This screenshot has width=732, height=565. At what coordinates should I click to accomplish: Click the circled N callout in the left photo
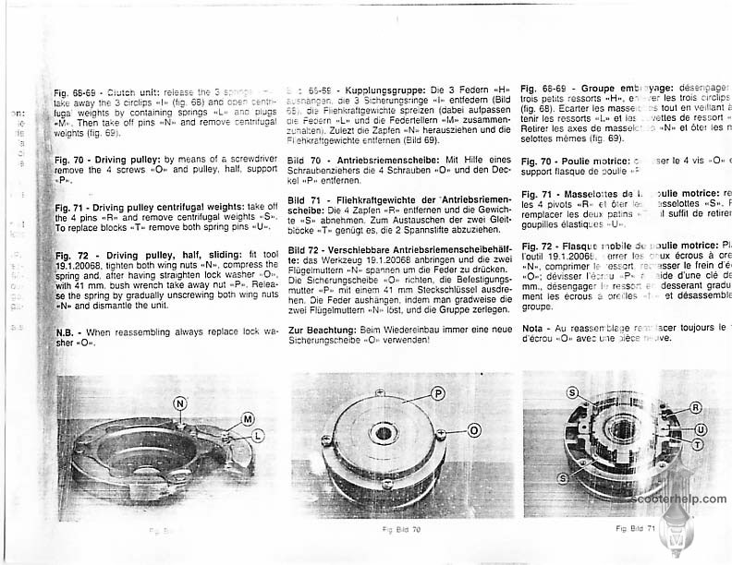tap(179, 403)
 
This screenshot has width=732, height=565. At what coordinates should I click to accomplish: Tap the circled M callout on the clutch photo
tap(248, 419)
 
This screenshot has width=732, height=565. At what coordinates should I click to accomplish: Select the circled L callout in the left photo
tap(258, 435)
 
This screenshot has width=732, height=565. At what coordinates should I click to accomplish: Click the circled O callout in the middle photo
tap(473, 430)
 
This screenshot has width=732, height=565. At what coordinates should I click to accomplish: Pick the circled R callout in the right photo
tap(695, 406)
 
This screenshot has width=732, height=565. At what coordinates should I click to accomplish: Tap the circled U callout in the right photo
tap(701, 429)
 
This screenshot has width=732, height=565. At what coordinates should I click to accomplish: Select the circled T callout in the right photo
tap(698, 444)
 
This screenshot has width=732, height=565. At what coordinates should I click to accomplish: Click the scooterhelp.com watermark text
tap(680, 499)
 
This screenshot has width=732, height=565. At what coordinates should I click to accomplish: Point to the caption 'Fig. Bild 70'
tap(401, 530)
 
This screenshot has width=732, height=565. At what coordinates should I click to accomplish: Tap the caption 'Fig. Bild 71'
tap(636, 529)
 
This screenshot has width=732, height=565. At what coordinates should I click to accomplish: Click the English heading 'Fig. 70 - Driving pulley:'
tap(109, 160)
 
